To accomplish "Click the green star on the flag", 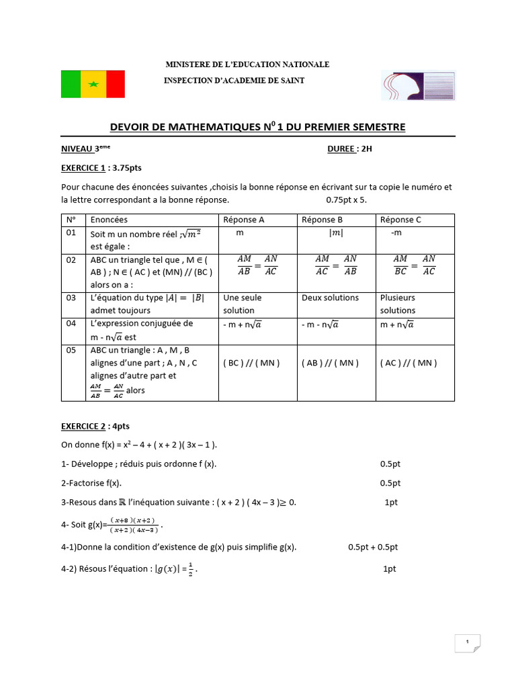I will coord(93,84).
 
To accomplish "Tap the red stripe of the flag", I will coord(116,84).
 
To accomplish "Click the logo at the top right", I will coord(418,86).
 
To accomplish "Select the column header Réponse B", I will coord(322,220).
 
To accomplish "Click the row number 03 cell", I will coord(71,298).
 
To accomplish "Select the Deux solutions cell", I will coord(330,298).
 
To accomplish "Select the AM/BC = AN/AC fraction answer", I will coord(414,265).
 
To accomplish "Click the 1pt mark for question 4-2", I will coord(389,569).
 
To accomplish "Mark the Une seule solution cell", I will coord(243,304).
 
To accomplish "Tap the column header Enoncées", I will coord(109,220).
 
